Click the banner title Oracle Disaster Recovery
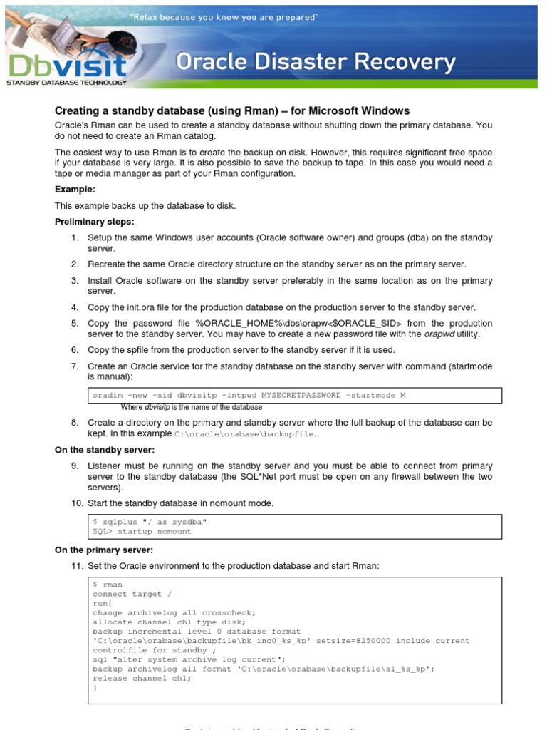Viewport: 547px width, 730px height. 315,63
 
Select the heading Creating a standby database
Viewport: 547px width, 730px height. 232,110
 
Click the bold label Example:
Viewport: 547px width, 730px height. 75,190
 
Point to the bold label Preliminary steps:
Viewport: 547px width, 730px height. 94,222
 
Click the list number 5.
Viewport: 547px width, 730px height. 74,323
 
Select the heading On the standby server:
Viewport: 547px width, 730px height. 105,450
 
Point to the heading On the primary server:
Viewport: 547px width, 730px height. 104,550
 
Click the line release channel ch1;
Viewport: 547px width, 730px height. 142,678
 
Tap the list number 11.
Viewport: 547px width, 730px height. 76,566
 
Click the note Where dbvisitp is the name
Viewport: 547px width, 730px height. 191,407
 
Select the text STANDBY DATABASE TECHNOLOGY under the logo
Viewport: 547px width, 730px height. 66,83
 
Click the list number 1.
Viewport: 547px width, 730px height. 74,237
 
